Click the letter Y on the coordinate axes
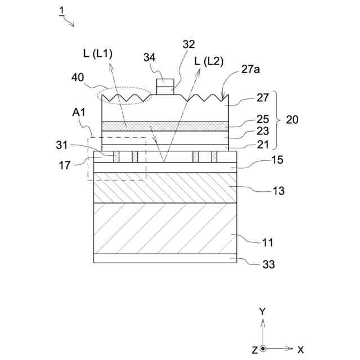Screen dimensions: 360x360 [x=262, y=311]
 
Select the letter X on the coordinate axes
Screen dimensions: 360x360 [x=301, y=349]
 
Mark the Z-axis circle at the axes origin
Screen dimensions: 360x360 [x=263, y=349]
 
